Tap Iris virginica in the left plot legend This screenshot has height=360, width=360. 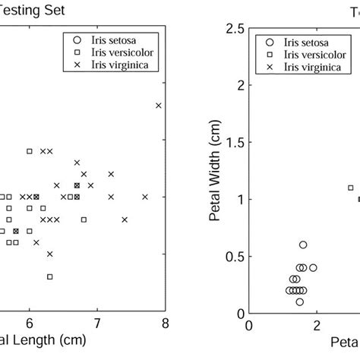(112, 65)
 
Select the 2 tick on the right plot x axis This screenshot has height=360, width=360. (317, 327)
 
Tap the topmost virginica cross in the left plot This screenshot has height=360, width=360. (158, 106)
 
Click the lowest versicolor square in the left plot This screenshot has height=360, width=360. (49, 276)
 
